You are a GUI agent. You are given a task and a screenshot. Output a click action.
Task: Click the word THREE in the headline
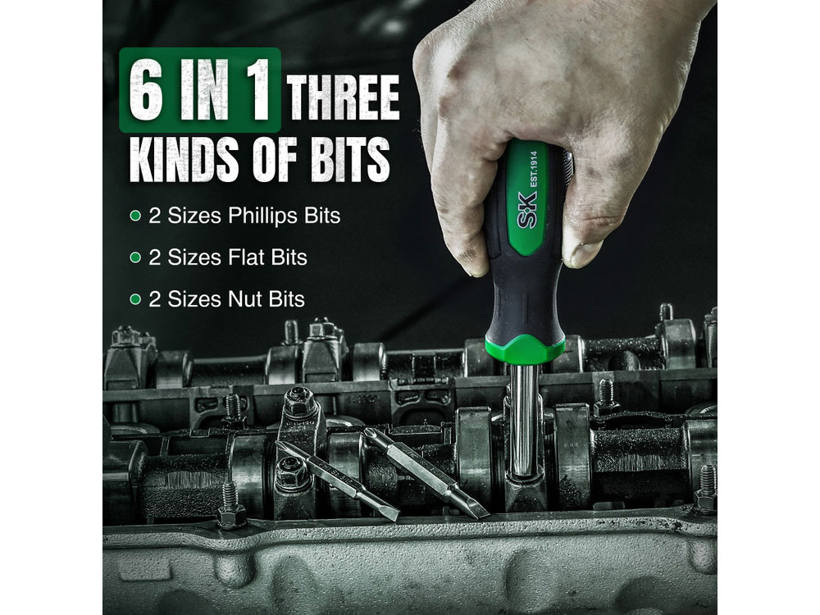[x=343, y=98]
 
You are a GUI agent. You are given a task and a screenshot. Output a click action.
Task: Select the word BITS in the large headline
[x=350, y=159]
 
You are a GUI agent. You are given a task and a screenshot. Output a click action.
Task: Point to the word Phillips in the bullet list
[x=263, y=216]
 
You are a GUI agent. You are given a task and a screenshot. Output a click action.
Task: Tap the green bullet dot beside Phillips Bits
[x=135, y=216]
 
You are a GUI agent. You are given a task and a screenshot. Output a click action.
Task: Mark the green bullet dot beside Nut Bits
[x=135, y=299]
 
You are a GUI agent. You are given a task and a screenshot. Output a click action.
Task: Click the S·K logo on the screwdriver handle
[x=526, y=210]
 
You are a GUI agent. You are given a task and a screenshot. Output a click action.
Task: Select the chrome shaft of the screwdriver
[x=523, y=418]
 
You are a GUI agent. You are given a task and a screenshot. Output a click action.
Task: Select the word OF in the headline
[x=276, y=159]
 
